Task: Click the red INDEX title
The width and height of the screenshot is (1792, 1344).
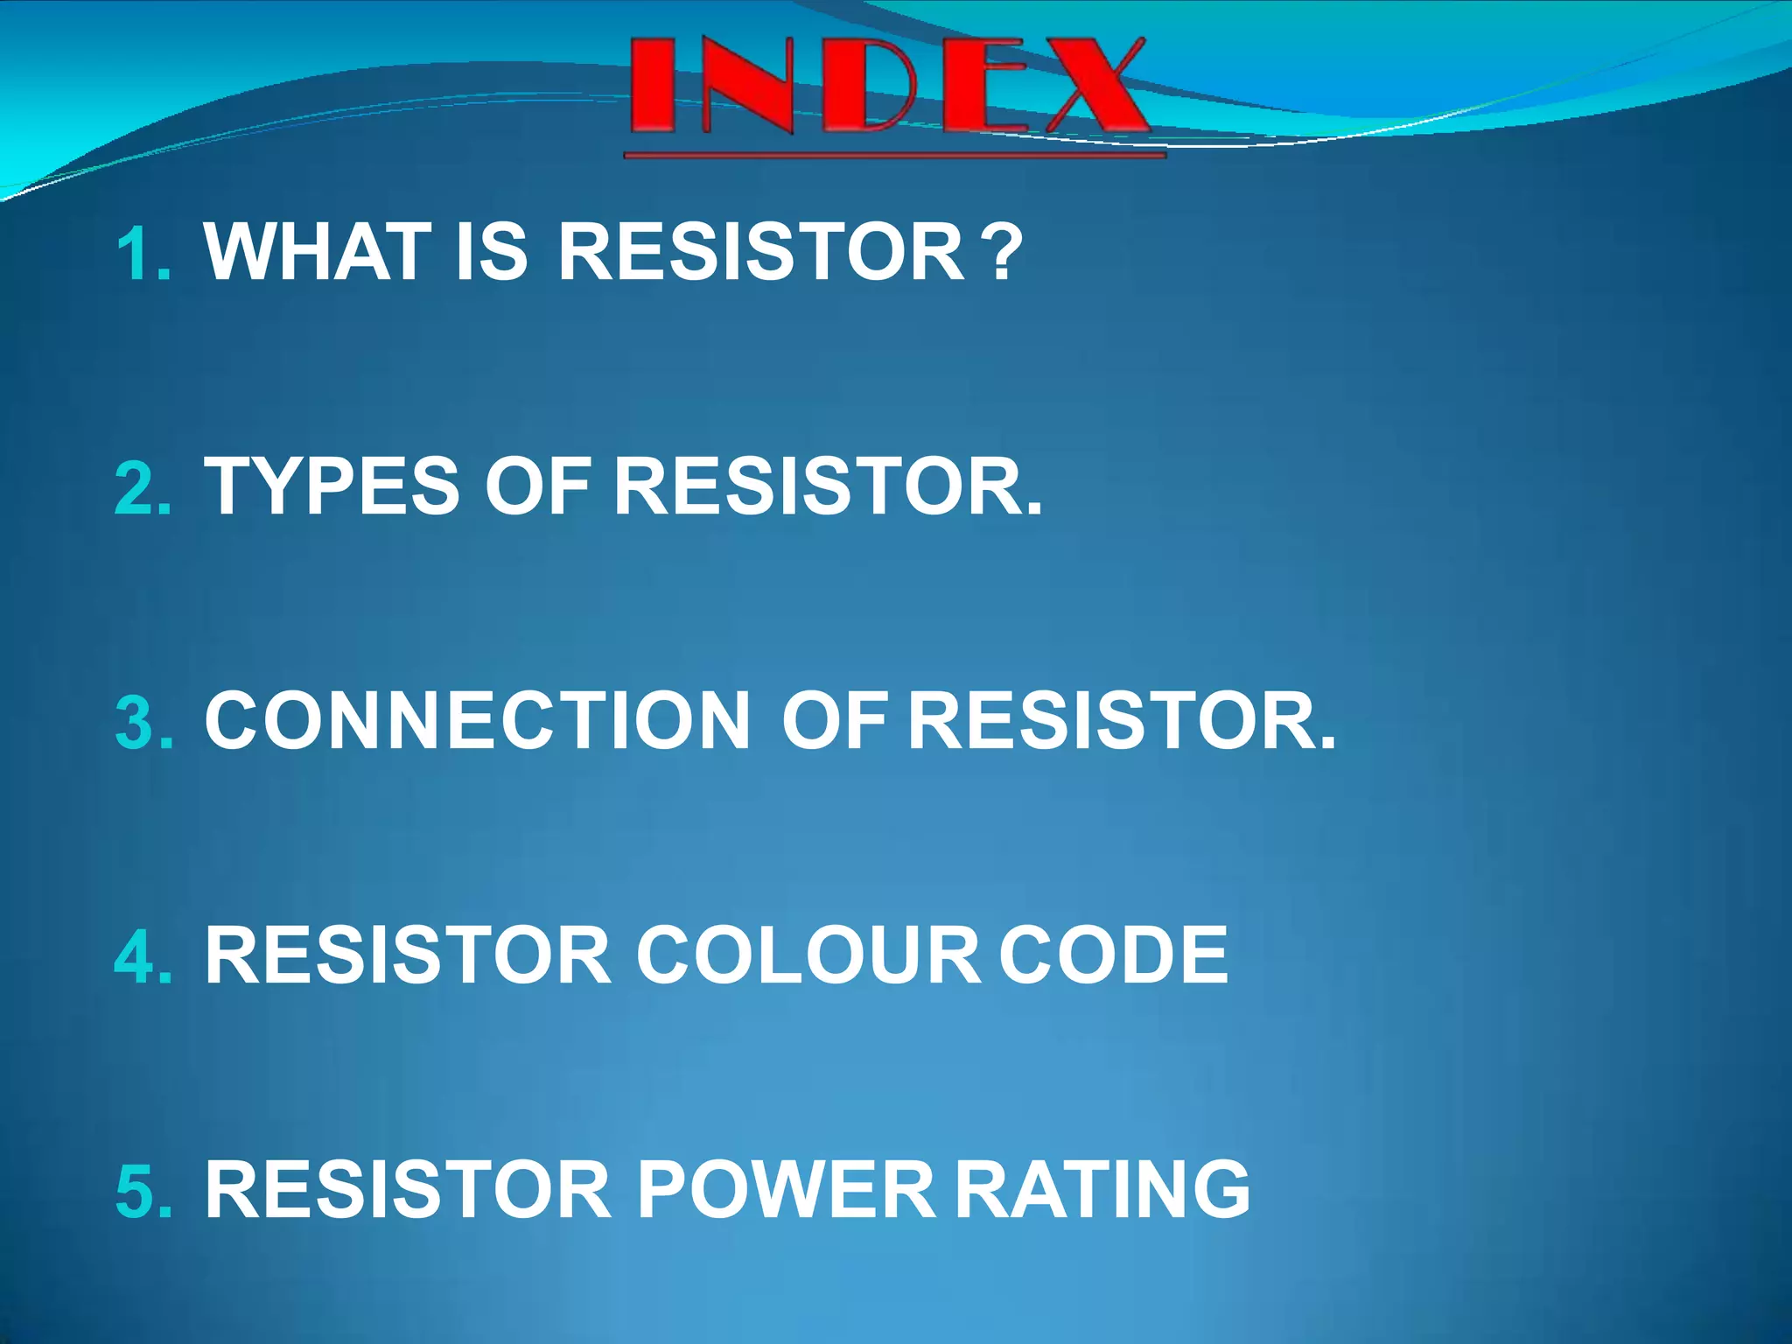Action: [888, 86]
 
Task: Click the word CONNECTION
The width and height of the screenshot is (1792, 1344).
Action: [478, 721]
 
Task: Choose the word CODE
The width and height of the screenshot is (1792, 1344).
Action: [1113, 955]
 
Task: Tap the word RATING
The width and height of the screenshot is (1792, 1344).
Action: [1102, 1190]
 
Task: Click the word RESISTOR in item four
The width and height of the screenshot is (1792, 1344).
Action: [408, 955]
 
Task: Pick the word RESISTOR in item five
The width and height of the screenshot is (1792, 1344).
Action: [408, 1190]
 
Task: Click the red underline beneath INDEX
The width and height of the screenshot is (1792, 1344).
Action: [894, 156]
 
